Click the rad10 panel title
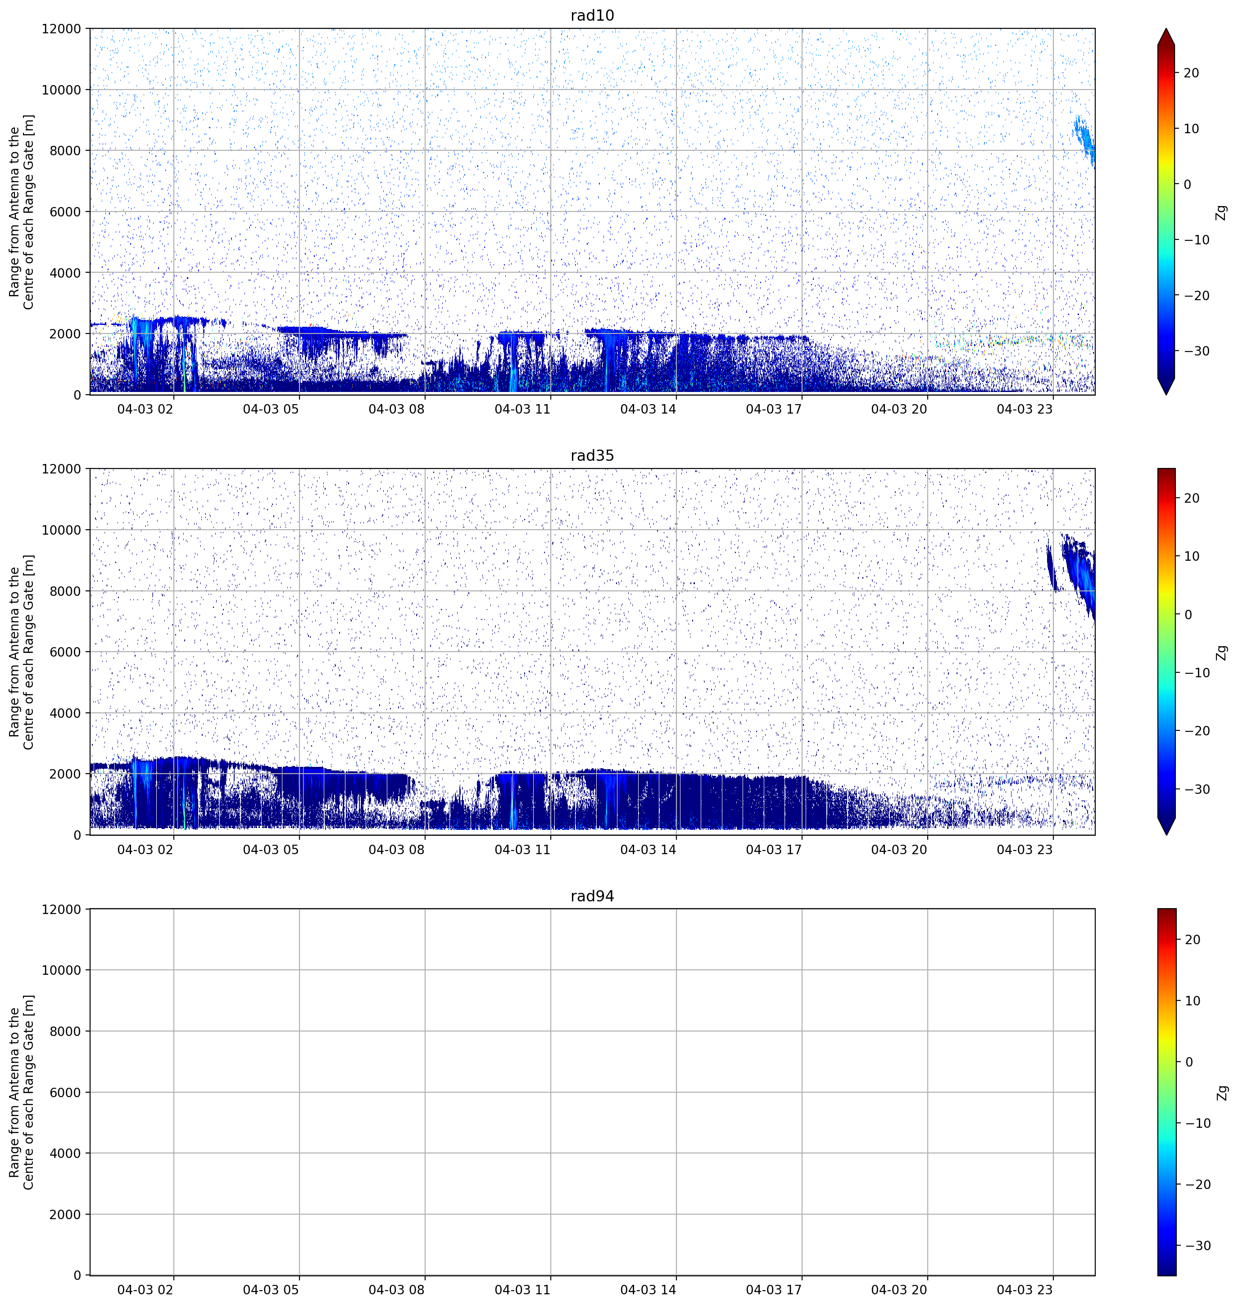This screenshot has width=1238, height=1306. click(x=592, y=16)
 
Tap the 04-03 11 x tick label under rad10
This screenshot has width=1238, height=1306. click(x=522, y=409)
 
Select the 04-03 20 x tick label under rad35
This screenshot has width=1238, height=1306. click(x=899, y=850)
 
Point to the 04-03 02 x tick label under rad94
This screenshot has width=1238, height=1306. click(x=145, y=1289)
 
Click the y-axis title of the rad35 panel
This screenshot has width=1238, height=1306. click(x=21, y=652)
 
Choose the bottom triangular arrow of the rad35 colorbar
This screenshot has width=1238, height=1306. click(x=1166, y=826)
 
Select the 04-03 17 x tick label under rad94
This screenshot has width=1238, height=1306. click(x=773, y=1289)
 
